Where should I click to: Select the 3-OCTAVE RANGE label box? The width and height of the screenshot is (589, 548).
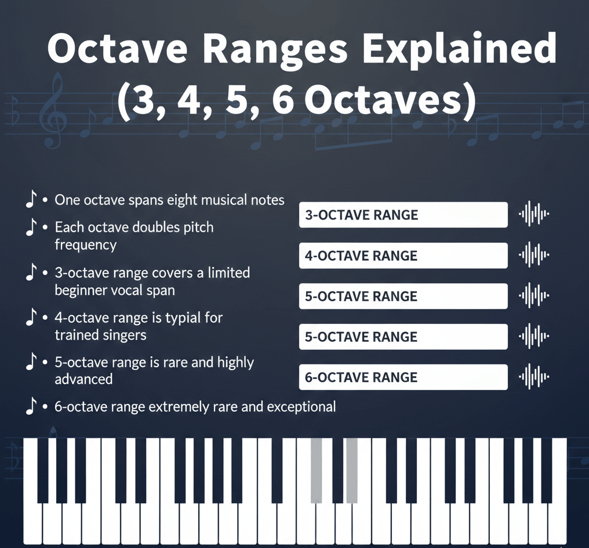(403, 215)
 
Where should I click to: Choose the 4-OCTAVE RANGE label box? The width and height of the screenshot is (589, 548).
(403, 255)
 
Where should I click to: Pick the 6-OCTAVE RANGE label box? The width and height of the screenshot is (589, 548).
(403, 377)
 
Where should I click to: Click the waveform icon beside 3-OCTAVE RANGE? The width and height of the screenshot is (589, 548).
(534, 214)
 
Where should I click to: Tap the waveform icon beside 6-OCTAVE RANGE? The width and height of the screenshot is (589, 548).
(534, 377)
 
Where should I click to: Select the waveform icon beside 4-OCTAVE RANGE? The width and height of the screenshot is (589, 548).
(534, 255)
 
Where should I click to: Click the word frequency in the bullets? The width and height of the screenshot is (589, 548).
(86, 245)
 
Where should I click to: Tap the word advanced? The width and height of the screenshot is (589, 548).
(83, 379)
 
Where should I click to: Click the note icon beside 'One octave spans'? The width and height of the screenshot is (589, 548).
(31, 199)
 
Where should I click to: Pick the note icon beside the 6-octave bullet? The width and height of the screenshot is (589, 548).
(31, 405)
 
